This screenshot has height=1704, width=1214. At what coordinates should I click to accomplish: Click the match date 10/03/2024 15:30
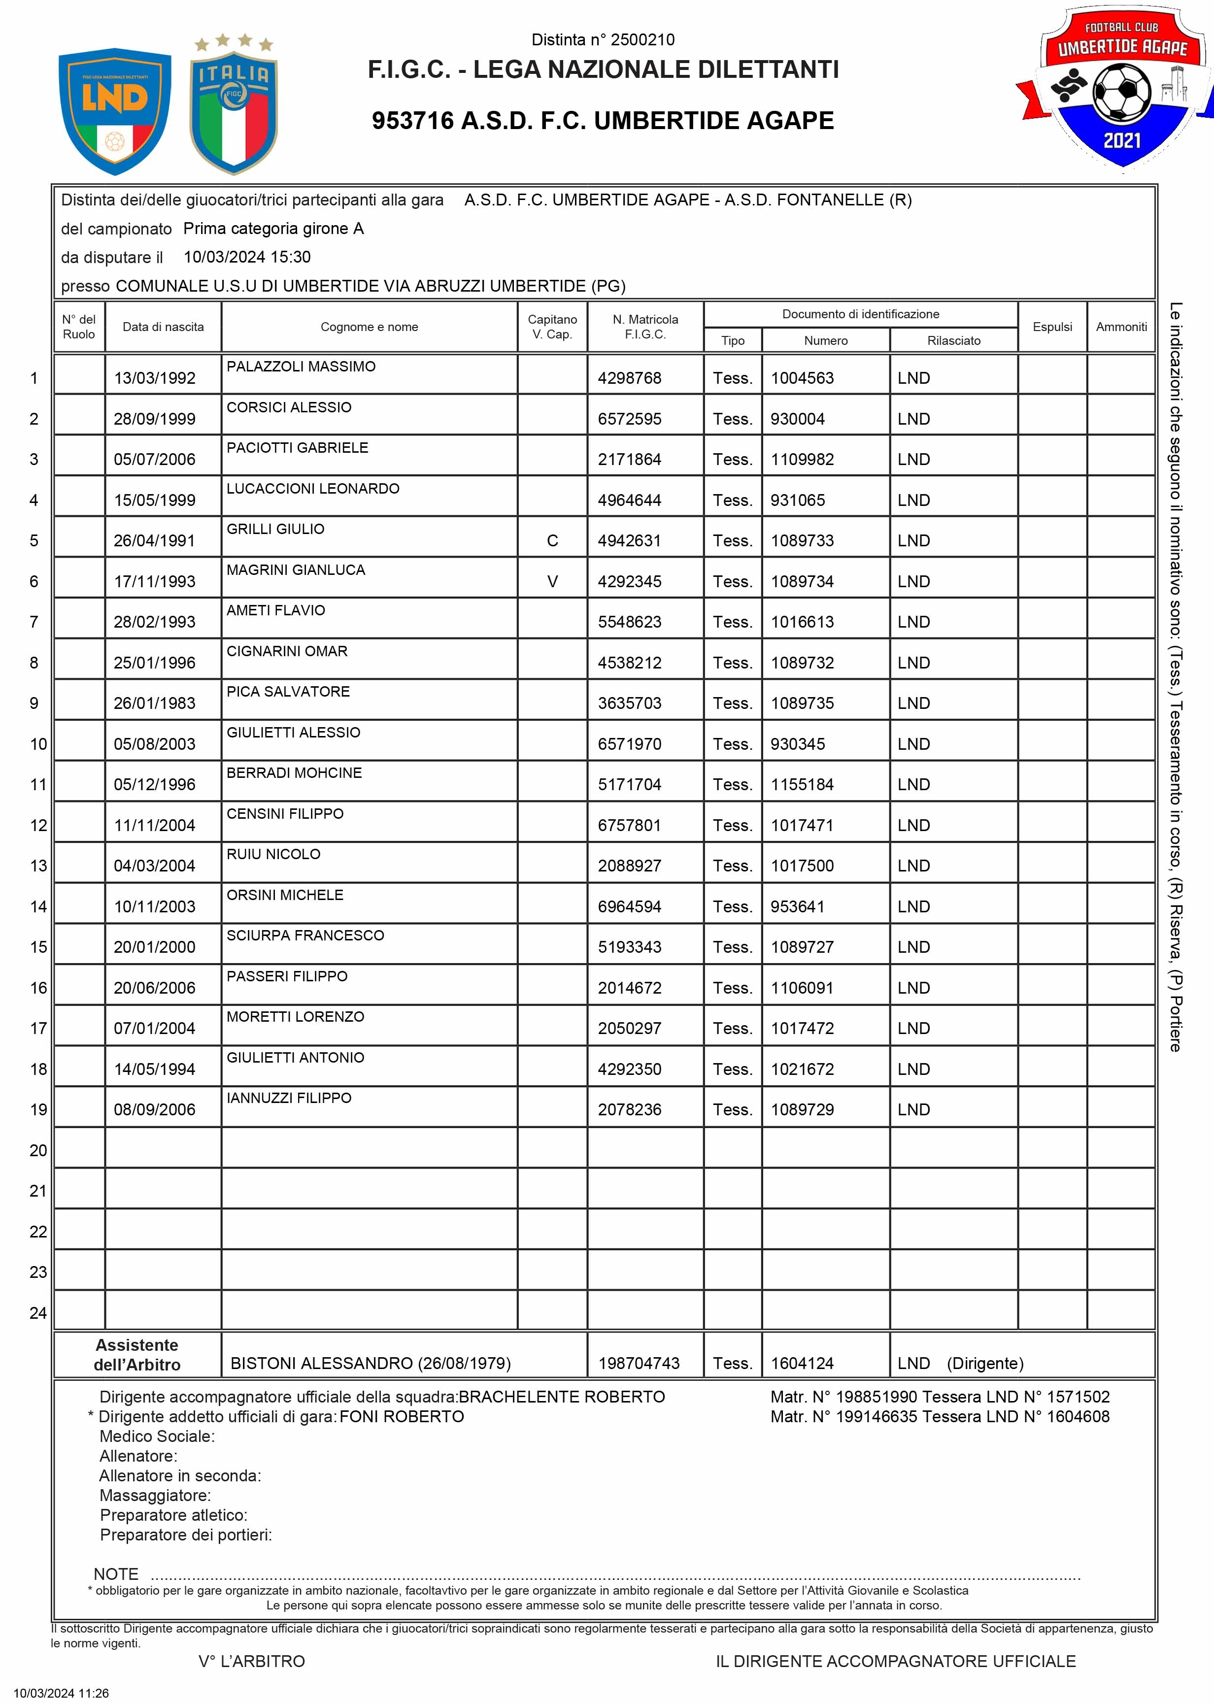point(247,257)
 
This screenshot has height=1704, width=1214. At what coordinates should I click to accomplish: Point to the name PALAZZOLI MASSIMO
point(301,366)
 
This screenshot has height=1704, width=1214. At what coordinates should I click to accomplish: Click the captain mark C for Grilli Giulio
point(552,540)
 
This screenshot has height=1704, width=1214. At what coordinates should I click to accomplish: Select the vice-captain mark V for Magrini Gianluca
point(552,581)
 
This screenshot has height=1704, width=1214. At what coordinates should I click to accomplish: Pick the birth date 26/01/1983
point(154,703)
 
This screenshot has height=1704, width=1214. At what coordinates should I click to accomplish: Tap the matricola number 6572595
point(630,419)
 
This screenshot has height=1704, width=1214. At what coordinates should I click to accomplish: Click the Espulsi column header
point(1052,327)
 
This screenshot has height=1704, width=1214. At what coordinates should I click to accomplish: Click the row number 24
point(38,1313)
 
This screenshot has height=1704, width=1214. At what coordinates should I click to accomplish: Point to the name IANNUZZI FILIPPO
point(289,1098)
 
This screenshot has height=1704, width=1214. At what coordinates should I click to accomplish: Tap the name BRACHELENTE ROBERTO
point(561,1397)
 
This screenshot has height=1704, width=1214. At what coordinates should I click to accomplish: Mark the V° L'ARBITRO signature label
point(252,1662)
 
